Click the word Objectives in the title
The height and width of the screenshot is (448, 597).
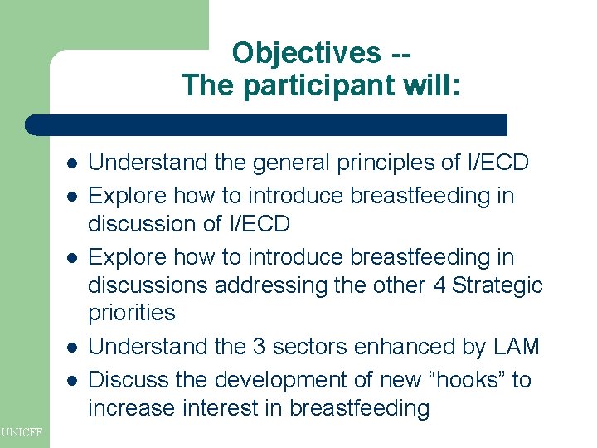[x=305, y=53]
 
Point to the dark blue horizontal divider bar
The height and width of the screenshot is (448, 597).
[x=265, y=125]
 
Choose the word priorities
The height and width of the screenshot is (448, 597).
[x=132, y=313]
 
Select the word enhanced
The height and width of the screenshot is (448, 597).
[x=393, y=347]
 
